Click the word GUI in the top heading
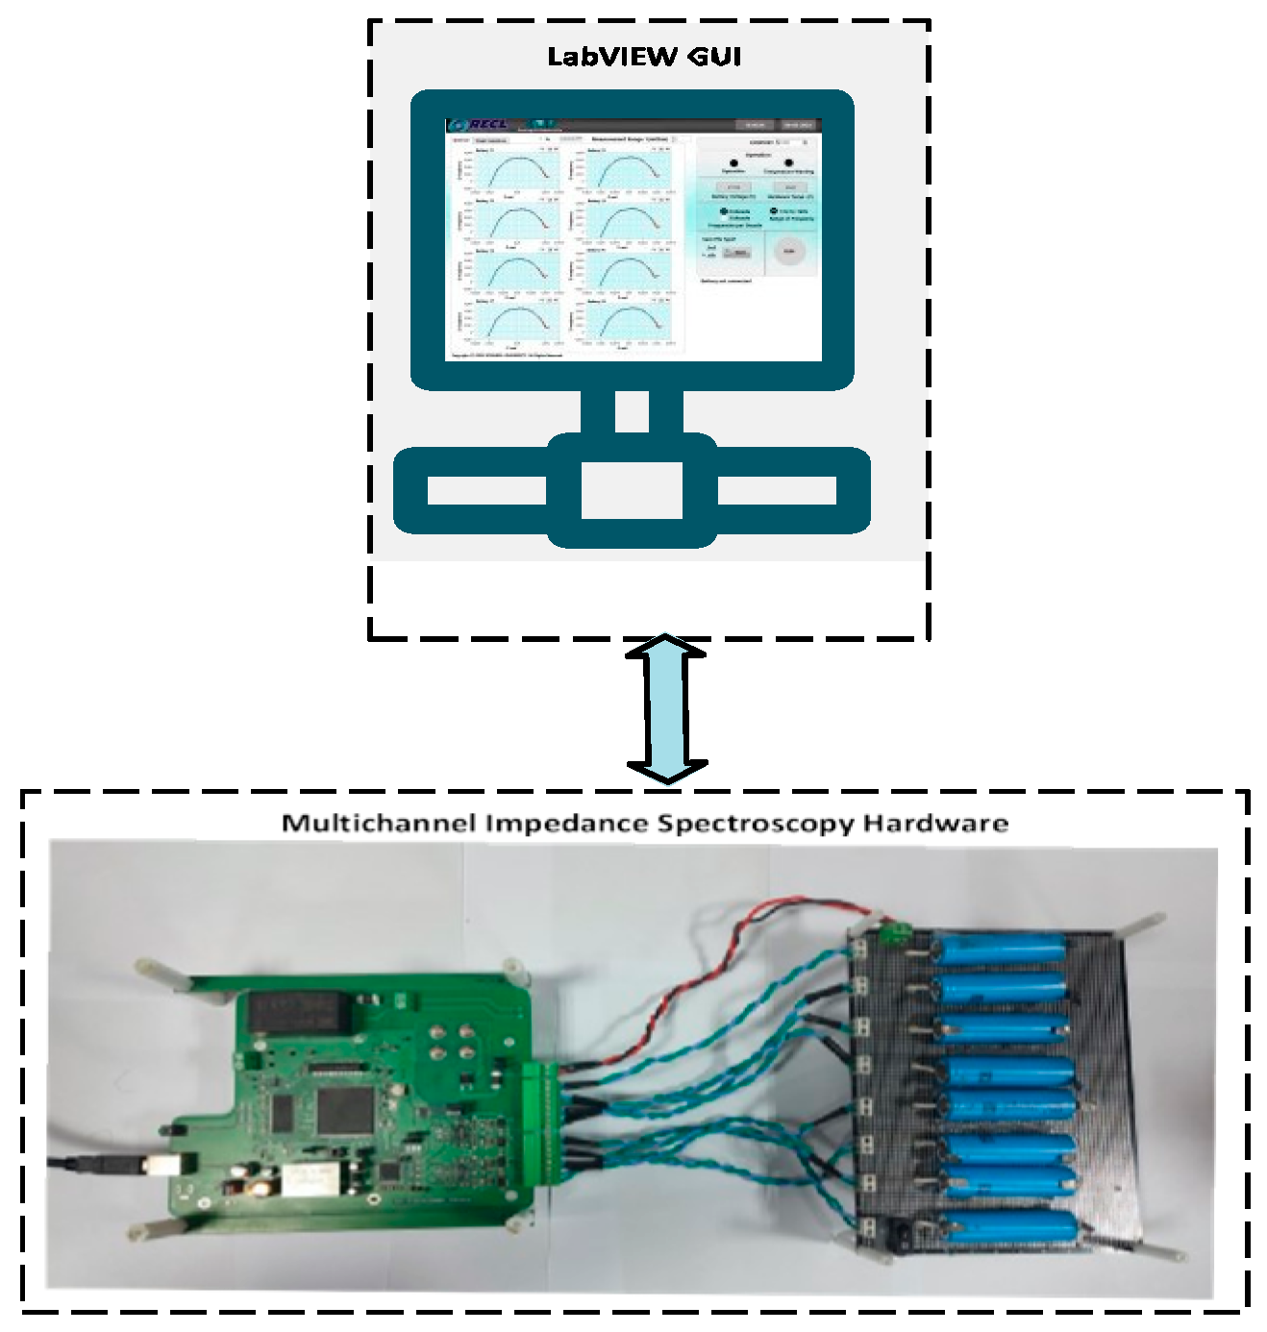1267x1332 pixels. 714,57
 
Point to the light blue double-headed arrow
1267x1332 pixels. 666,709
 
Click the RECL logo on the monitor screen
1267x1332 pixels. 480,125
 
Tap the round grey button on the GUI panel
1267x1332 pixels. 789,252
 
